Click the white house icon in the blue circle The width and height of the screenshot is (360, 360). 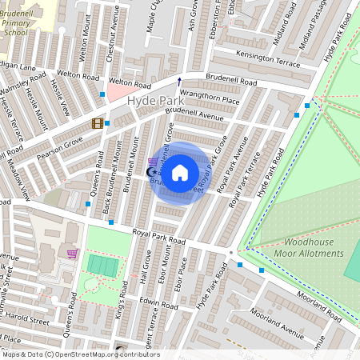181,172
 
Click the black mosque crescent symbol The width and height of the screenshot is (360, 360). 150,171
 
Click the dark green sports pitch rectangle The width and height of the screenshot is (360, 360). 102,265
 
